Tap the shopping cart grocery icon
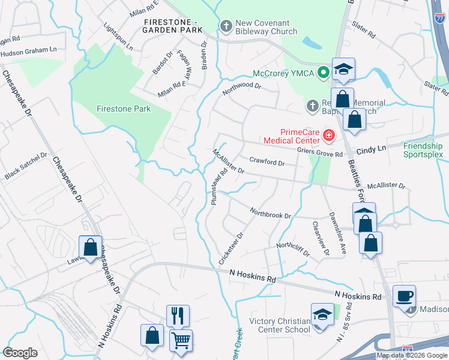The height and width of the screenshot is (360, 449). tap(181, 340)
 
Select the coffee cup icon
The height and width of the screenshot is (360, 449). tap(405, 295)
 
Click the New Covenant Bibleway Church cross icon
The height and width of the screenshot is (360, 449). tap(226, 26)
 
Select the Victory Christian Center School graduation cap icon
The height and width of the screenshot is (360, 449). tap(322, 314)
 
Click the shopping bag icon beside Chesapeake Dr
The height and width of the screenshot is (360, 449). tap(90, 247)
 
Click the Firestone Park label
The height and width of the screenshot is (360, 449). tap(124, 109)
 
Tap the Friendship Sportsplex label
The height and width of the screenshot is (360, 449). tap(423, 150)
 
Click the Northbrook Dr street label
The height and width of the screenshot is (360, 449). tap(271, 214)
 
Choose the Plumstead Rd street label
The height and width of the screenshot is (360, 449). tap(219, 187)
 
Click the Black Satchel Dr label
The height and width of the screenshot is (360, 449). tap(25, 166)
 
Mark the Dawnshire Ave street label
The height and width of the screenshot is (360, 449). tap(337, 232)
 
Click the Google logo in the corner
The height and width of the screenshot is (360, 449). tap(20, 352)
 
